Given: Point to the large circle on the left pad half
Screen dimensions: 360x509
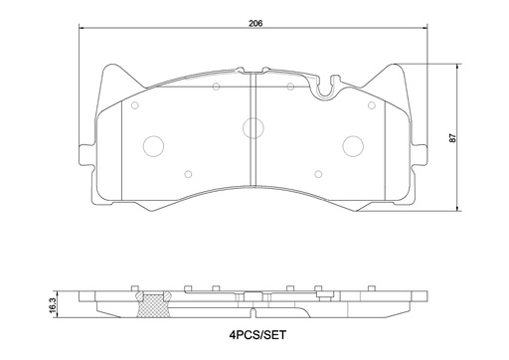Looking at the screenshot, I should tap(154, 145).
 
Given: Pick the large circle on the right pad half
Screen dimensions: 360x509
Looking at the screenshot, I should tap(353, 145).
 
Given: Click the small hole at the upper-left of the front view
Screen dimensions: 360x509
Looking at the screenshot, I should tap(135, 103).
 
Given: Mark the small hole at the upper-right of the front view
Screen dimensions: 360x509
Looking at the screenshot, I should tap(372, 103).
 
